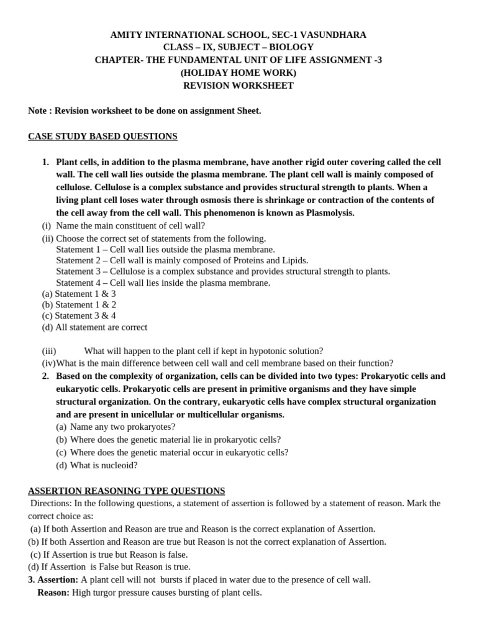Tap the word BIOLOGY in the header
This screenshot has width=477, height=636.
(x=291, y=47)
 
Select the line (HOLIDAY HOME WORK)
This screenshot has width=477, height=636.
(x=238, y=73)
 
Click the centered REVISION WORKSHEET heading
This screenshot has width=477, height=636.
(x=238, y=86)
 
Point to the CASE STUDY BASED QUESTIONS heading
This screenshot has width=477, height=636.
(x=102, y=136)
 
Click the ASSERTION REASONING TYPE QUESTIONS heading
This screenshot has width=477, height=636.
(x=127, y=491)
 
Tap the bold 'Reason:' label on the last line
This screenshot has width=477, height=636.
(x=53, y=593)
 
